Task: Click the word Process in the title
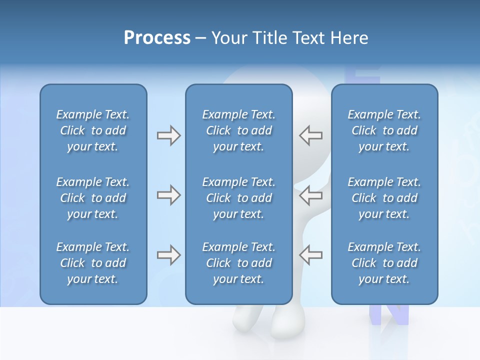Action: click(157, 38)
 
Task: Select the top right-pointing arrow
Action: click(168, 135)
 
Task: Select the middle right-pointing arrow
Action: click(168, 195)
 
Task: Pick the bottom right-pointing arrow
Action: click(168, 255)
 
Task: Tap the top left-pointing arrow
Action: click(310, 135)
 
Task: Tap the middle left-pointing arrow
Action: click(310, 195)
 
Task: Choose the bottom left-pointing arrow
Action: click(310, 255)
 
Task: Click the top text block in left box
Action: click(93, 130)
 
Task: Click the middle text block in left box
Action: click(93, 198)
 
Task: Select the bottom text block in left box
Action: click(93, 263)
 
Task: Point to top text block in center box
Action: click(238, 130)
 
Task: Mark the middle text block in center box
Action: click(238, 198)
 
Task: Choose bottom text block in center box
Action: click(238, 263)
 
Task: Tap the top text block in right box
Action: click(384, 130)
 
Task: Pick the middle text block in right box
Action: click(384, 198)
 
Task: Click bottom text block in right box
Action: click(384, 263)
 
